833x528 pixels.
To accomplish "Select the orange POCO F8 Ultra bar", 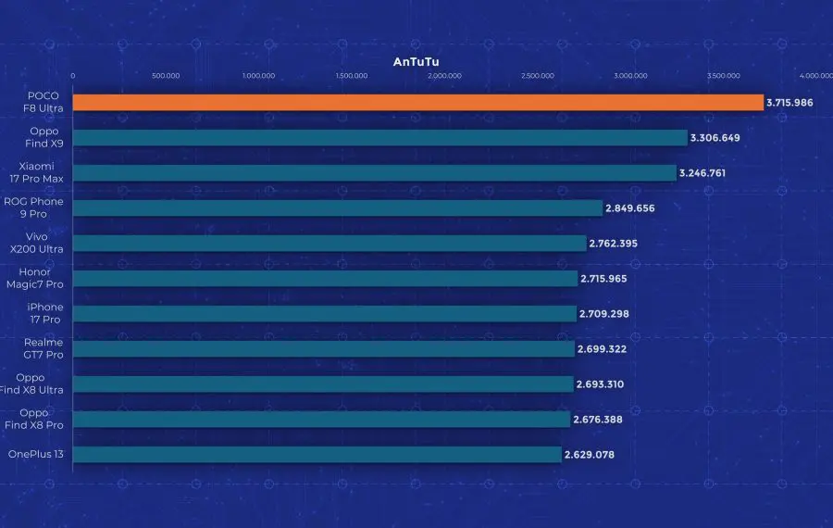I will click(417, 103).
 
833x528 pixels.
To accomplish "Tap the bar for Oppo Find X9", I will click(379, 138).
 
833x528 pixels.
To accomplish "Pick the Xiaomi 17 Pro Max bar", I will click(375, 173).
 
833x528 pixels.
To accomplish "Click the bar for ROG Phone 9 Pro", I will click(338, 208).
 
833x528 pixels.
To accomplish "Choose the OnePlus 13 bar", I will click(317, 455).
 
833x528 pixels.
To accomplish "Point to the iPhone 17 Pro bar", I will click(324, 314).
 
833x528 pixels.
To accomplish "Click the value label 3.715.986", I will click(789, 103).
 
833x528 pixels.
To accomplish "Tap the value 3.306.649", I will click(715, 138).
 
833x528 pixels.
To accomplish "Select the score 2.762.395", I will click(615, 244).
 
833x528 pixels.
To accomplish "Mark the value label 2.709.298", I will click(604, 314).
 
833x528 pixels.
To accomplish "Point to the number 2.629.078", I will click(589, 455).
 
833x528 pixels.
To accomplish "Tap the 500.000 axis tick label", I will click(166, 76).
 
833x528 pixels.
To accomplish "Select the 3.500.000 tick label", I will click(723, 76).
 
